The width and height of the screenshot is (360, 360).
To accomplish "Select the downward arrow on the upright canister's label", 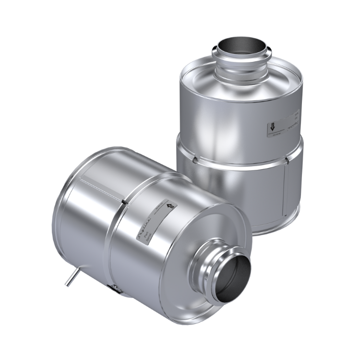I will pyautogui.click(x=272, y=128).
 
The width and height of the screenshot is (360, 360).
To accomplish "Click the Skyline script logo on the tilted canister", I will pyautogui.click(x=144, y=226).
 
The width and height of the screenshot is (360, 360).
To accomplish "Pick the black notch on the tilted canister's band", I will pyautogui.click(x=123, y=202).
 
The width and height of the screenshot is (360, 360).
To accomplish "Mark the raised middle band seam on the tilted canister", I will pyautogui.click(x=113, y=240).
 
